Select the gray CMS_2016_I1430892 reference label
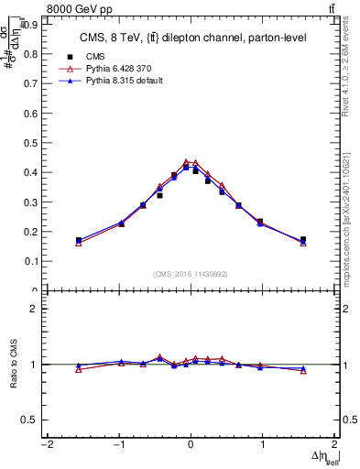[191, 274]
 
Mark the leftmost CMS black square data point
[79, 240]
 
